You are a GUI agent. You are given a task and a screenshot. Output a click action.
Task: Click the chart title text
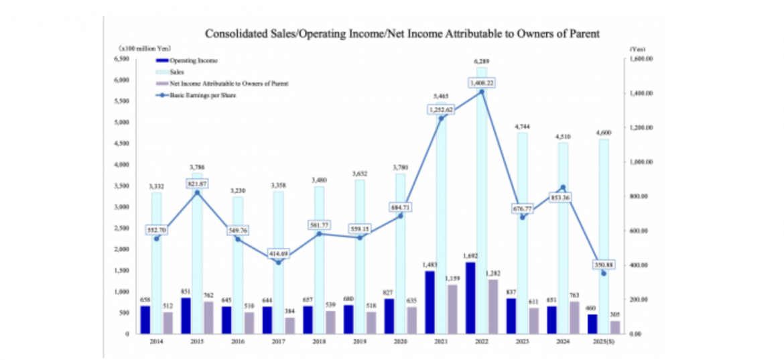click(x=402, y=32)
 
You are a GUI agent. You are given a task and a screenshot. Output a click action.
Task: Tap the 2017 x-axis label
click(x=278, y=343)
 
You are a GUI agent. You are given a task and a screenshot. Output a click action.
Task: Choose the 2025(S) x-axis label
click(x=604, y=343)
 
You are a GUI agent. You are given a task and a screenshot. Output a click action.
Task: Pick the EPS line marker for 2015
click(x=196, y=192)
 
